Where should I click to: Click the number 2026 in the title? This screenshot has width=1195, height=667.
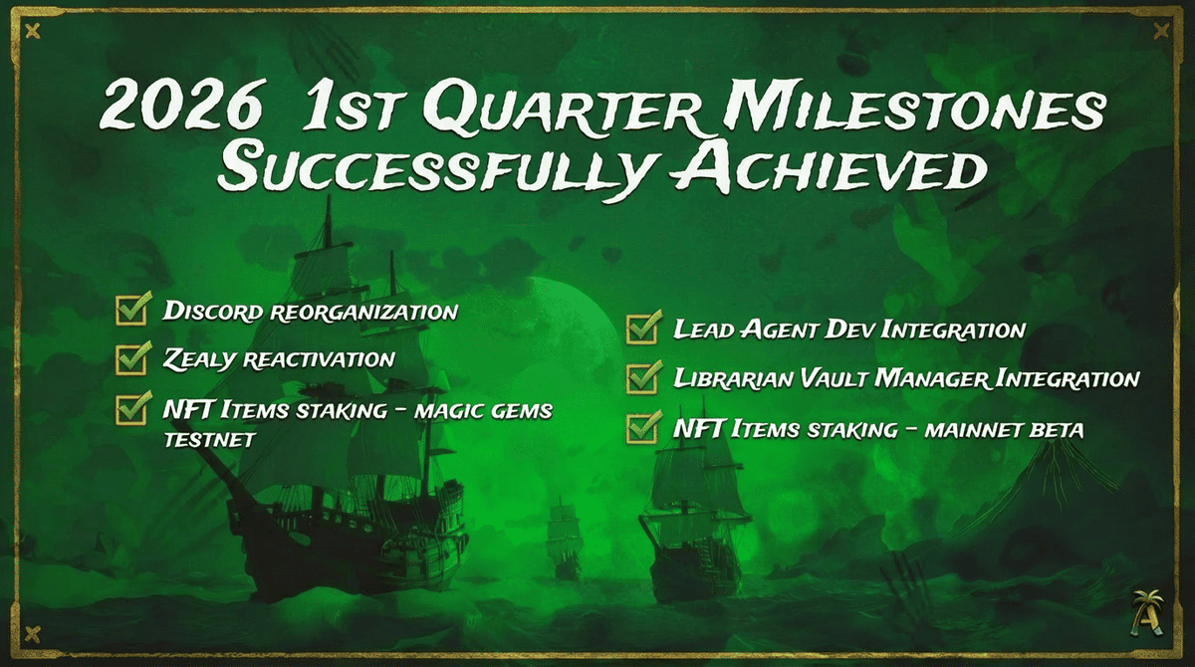pyautogui.click(x=181, y=105)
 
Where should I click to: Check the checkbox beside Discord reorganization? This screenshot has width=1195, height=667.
pyautogui.click(x=131, y=310)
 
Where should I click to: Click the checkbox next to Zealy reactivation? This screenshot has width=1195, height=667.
pyautogui.click(x=131, y=358)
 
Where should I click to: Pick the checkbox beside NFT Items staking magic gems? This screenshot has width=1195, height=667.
pyautogui.click(x=131, y=408)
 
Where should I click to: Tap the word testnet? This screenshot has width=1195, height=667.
pyautogui.click(x=209, y=440)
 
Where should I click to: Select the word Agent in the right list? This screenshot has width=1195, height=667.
pyautogui.click(x=780, y=330)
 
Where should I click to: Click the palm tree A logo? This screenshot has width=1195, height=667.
pyautogui.click(x=1146, y=613)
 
